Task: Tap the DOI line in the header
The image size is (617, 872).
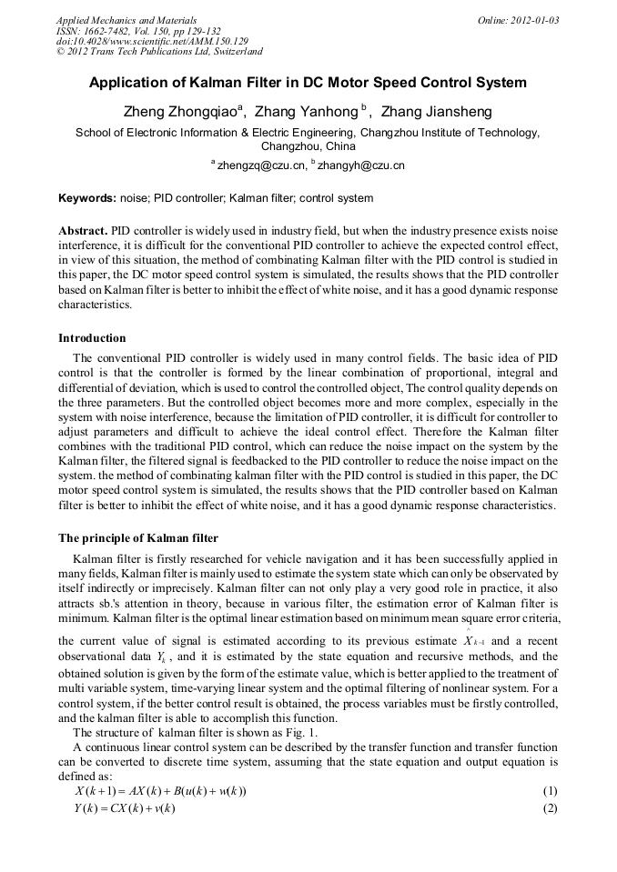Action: point(152,41)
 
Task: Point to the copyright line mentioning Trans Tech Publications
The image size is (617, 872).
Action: point(159,52)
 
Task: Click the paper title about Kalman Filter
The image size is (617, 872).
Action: point(308,83)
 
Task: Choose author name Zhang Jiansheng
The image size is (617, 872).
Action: point(436,112)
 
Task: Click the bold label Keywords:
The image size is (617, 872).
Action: point(87,197)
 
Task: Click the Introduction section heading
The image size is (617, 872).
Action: point(92,337)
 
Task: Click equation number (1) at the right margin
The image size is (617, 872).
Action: point(549,791)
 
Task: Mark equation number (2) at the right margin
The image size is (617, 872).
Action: point(549,807)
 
